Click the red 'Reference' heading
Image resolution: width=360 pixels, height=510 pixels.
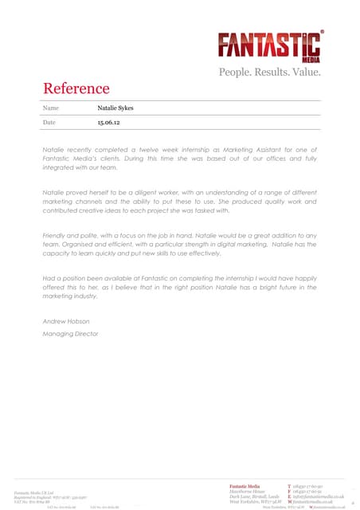pyautogui.click(x=76, y=88)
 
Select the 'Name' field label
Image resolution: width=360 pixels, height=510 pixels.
pyautogui.click(x=50, y=107)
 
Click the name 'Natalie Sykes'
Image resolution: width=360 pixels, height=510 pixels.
pyautogui.click(x=116, y=107)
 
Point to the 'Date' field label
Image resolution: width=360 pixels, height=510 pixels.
pyautogui.click(x=49, y=124)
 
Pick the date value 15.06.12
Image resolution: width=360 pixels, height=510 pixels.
pyautogui.click(x=108, y=124)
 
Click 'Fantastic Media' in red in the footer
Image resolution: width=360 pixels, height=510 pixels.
pyautogui.click(x=245, y=485)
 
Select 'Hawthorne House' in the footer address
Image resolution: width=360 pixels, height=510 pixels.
pyautogui.click(x=245, y=491)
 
